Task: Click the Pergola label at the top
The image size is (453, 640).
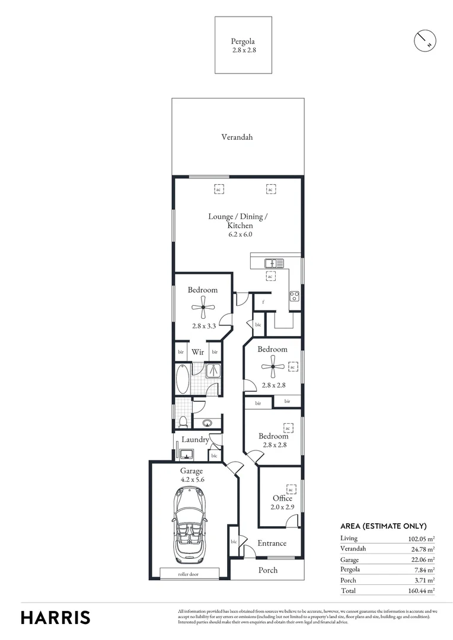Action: tap(243, 41)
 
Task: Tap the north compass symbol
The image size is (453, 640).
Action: tap(425, 40)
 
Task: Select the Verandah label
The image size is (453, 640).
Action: tap(237, 137)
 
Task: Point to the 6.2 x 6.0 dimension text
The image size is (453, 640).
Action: tap(238, 234)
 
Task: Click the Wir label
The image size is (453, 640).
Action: tap(197, 352)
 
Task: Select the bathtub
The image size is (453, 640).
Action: tap(182, 379)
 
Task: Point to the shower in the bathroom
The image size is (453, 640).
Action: tap(214, 371)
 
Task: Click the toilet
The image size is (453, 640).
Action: tap(183, 421)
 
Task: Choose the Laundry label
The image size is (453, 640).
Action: tap(195, 440)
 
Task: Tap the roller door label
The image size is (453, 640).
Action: tap(189, 574)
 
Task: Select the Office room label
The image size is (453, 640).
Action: tap(282, 498)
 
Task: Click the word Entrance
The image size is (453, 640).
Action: tap(272, 543)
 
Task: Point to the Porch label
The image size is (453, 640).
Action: tap(267, 570)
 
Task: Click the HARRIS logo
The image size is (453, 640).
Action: tap(56, 617)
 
